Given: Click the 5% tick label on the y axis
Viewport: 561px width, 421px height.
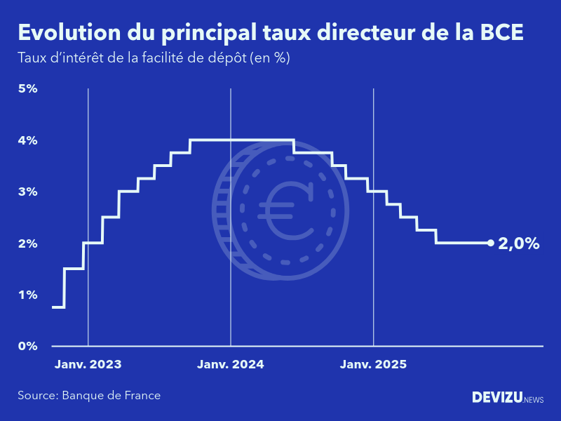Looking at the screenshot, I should tap(27, 88).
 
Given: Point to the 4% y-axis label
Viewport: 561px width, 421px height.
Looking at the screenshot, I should tap(27, 140).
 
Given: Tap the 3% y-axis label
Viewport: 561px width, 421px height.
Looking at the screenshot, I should tap(27, 192).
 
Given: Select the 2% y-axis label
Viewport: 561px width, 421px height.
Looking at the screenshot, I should tap(27, 243).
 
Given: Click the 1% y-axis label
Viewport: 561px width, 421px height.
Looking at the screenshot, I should tap(27, 295).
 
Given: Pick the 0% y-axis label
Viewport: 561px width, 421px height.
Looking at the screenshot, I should tap(27, 346).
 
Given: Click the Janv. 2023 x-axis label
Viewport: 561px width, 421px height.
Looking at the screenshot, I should tap(88, 365).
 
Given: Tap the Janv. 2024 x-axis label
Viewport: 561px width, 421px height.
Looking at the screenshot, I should tap(231, 365).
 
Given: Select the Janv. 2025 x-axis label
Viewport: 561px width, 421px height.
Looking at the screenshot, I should tap(373, 365).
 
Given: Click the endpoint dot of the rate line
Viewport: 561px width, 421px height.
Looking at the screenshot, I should tap(490, 243).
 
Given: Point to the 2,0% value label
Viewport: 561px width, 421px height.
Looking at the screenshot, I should tap(519, 243).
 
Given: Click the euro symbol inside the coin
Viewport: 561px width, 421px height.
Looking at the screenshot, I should tap(285, 209).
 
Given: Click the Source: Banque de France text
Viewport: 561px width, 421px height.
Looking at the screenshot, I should tap(89, 396).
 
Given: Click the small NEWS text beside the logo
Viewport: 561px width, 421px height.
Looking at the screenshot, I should tap(533, 399).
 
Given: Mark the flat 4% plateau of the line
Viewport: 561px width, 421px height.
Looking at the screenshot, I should tap(242, 140).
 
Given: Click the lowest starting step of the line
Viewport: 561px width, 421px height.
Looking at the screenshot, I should tap(58, 307).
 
